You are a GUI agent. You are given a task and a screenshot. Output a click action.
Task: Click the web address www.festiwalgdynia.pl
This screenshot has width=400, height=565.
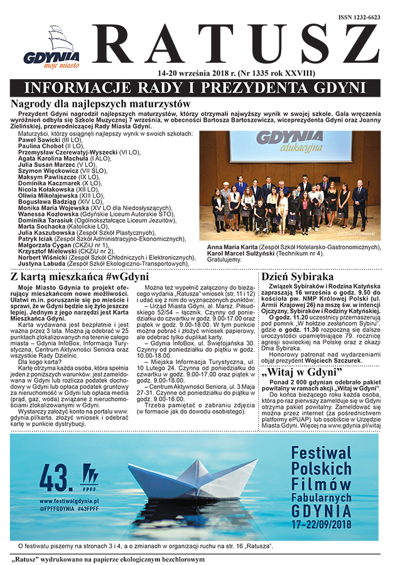[x=70, y=502]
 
